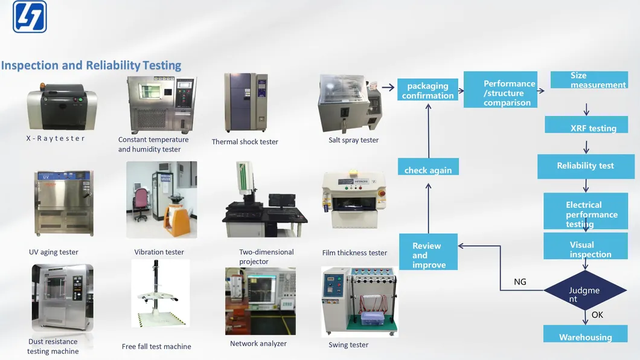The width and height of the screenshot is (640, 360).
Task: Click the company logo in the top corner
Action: click(x=30, y=16)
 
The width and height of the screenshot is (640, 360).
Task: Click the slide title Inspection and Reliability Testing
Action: click(x=91, y=65)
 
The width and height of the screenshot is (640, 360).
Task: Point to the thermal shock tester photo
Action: click(x=246, y=103)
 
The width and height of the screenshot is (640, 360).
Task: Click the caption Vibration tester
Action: click(x=159, y=252)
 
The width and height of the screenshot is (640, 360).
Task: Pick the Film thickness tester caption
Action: click(x=354, y=252)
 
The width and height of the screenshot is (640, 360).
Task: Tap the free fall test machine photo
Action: click(x=160, y=294)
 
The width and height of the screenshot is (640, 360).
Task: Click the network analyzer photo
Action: click(x=260, y=301)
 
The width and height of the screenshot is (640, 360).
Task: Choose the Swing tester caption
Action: click(x=348, y=345)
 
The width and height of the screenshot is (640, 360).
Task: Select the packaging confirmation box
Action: click(x=427, y=90)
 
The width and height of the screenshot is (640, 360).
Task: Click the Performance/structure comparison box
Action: click(x=500, y=90)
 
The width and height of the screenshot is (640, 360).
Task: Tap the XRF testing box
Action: click(x=586, y=125)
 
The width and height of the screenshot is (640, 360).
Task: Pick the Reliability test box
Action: click(x=585, y=166)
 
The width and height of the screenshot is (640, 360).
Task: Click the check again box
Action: click(x=428, y=167)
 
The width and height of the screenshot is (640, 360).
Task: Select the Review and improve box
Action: click(x=428, y=252)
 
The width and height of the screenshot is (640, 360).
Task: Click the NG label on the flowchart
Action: click(x=520, y=281)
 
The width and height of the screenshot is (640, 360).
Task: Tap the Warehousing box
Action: click(x=585, y=334)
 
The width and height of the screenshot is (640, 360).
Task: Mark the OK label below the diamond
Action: click(x=597, y=315)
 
